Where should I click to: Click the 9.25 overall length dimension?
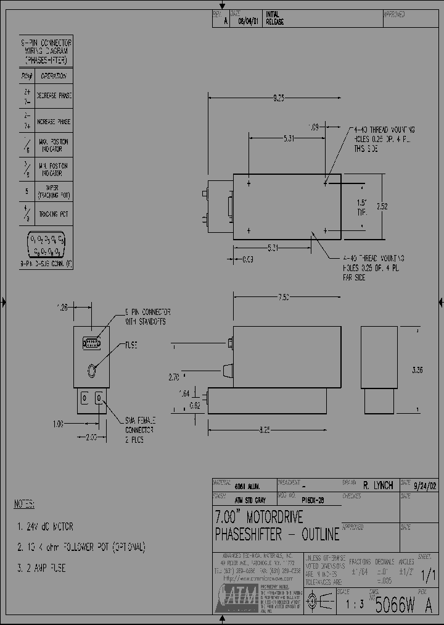coord(279,98)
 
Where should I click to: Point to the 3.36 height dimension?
coord(417,370)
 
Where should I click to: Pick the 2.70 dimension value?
coord(174,375)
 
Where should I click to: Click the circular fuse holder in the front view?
coord(92,371)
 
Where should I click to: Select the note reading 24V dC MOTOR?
coord(45,527)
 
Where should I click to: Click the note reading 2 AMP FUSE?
coord(41,568)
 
